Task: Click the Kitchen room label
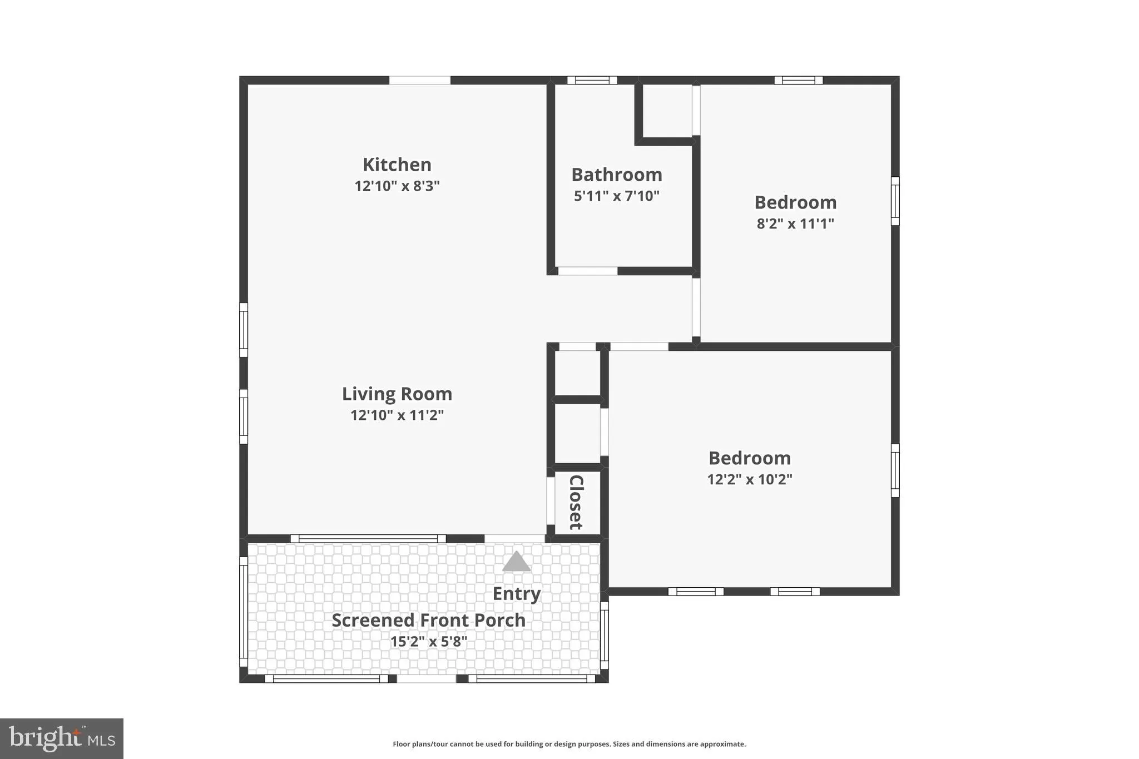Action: (x=397, y=165)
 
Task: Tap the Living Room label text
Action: (x=397, y=394)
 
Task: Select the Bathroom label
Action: (x=616, y=175)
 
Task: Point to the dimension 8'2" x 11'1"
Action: (x=795, y=224)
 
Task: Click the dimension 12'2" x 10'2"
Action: (x=749, y=479)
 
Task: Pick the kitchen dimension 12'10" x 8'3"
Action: (x=397, y=186)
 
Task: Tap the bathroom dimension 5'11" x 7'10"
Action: (x=616, y=196)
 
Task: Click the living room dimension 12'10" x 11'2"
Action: (x=397, y=415)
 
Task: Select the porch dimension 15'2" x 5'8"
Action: (x=428, y=642)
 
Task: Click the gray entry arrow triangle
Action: (x=516, y=562)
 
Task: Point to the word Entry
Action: (x=516, y=594)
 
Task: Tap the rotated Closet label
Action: (x=576, y=502)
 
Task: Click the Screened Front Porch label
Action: (x=428, y=620)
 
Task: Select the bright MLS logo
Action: (x=62, y=738)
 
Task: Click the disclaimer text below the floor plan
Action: (x=569, y=744)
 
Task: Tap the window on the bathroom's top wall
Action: (x=592, y=80)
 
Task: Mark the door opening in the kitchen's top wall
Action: (x=419, y=80)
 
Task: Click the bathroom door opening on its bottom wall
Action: (x=587, y=271)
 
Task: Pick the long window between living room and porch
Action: (x=368, y=538)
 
